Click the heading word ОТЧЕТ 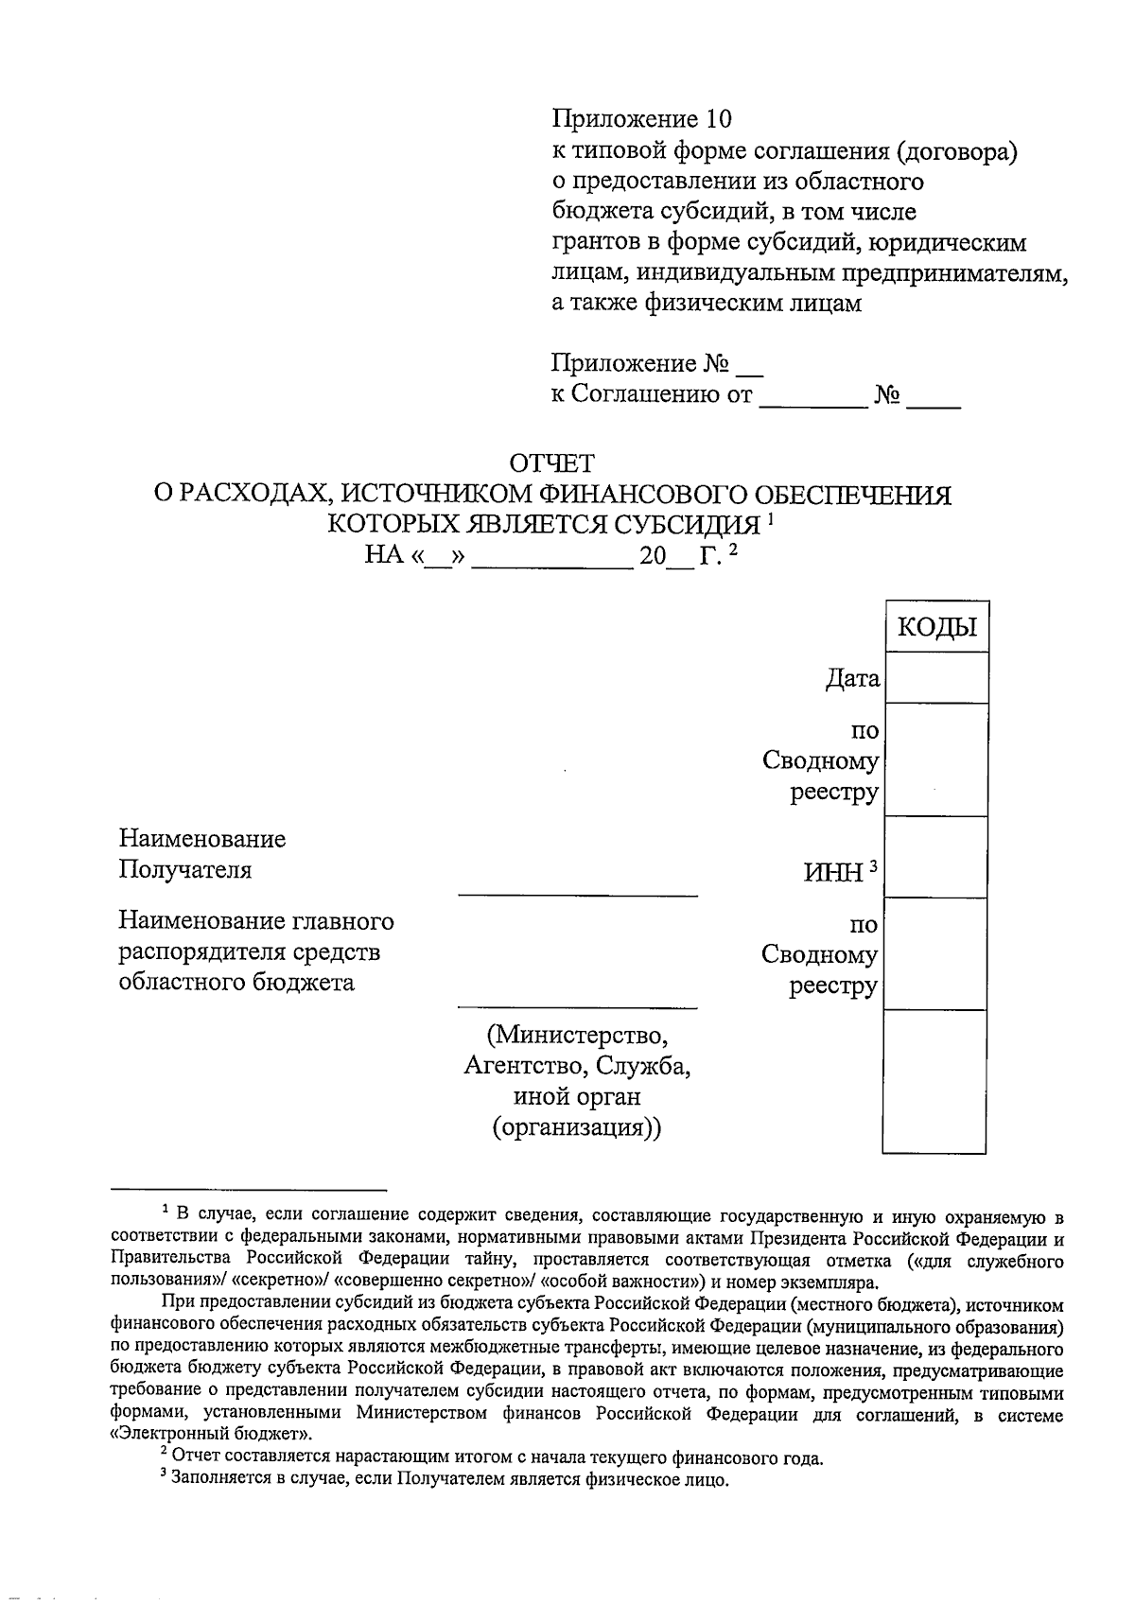pos(552,463)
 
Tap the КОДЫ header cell pos(935,628)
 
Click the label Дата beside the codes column pos(852,678)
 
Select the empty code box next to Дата pos(935,678)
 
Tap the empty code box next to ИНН pos(935,858)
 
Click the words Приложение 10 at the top pos(642,119)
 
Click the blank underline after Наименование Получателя pos(577,893)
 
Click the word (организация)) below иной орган pos(577,1127)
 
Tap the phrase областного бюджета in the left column pos(236,982)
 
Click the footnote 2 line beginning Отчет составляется pos(492,1458)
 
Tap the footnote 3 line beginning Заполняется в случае pos(445,1480)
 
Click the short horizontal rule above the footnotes pos(249,1189)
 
